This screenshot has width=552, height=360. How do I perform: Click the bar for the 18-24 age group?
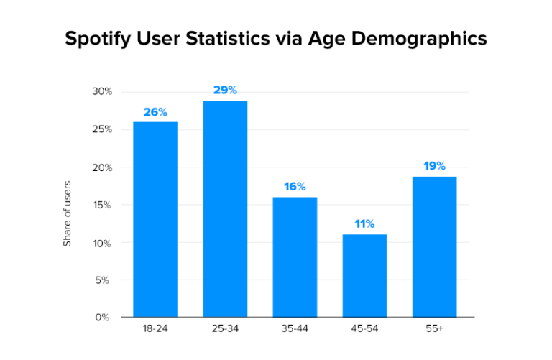[155, 219]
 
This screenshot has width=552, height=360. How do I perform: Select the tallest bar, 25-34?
[225, 208]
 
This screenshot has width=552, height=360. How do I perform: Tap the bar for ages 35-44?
[295, 257]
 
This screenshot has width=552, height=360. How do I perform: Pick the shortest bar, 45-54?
[364, 275]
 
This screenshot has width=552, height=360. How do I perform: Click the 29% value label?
[225, 91]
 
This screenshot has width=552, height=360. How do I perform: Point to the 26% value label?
[155, 112]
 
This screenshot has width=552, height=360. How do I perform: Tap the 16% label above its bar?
[295, 187]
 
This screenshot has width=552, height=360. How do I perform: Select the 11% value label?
[364, 224]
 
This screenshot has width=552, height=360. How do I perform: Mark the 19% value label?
[434, 166]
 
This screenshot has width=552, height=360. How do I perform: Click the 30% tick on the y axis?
[101, 92]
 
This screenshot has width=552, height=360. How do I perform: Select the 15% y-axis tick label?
[102, 205]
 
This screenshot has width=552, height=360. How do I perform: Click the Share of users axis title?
[68, 214]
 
